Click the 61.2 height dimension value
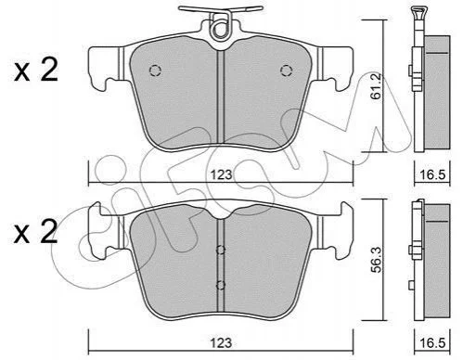click(x=376, y=86)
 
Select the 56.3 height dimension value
click(x=377, y=260)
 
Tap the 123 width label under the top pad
click(x=222, y=174)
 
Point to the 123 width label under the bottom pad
click(x=222, y=343)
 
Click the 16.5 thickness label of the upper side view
click(x=432, y=174)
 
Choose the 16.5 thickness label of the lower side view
click(x=432, y=343)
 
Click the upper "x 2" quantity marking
click(x=36, y=71)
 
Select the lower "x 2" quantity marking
click(x=36, y=232)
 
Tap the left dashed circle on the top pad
click(x=155, y=71)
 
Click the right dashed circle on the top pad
click(x=287, y=71)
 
